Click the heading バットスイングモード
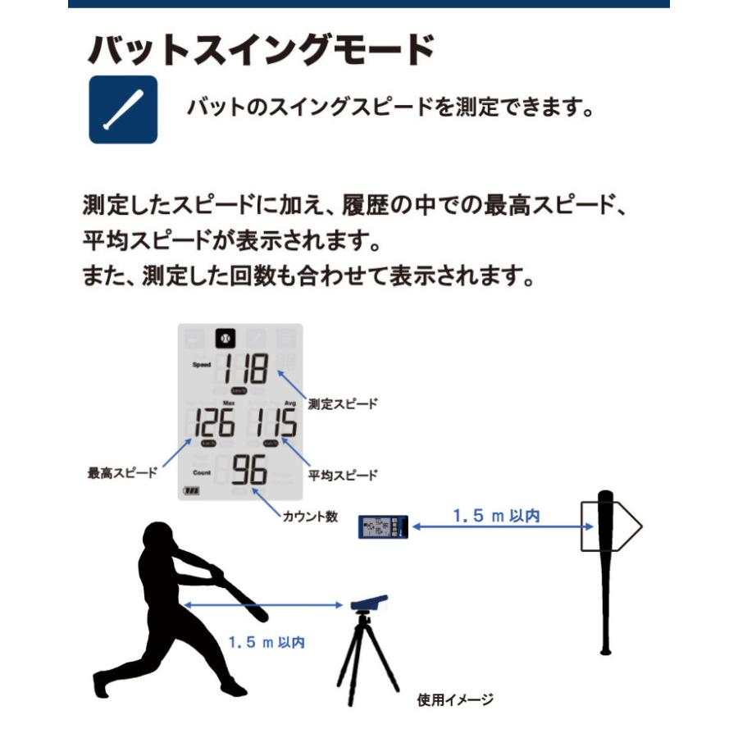point(260,51)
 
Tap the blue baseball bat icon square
point(123,110)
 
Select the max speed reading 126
point(212,424)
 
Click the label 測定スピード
point(343,403)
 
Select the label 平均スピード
point(343,475)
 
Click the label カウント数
point(309,517)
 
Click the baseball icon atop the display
point(225,338)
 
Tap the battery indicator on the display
point(192,492)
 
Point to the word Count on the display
point(202,473)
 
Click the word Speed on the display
point(202,365)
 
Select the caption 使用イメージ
point(455,699)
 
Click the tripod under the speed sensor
point(366,656)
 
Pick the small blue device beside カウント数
point(383,526)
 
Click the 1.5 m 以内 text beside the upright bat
point(496,516)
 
